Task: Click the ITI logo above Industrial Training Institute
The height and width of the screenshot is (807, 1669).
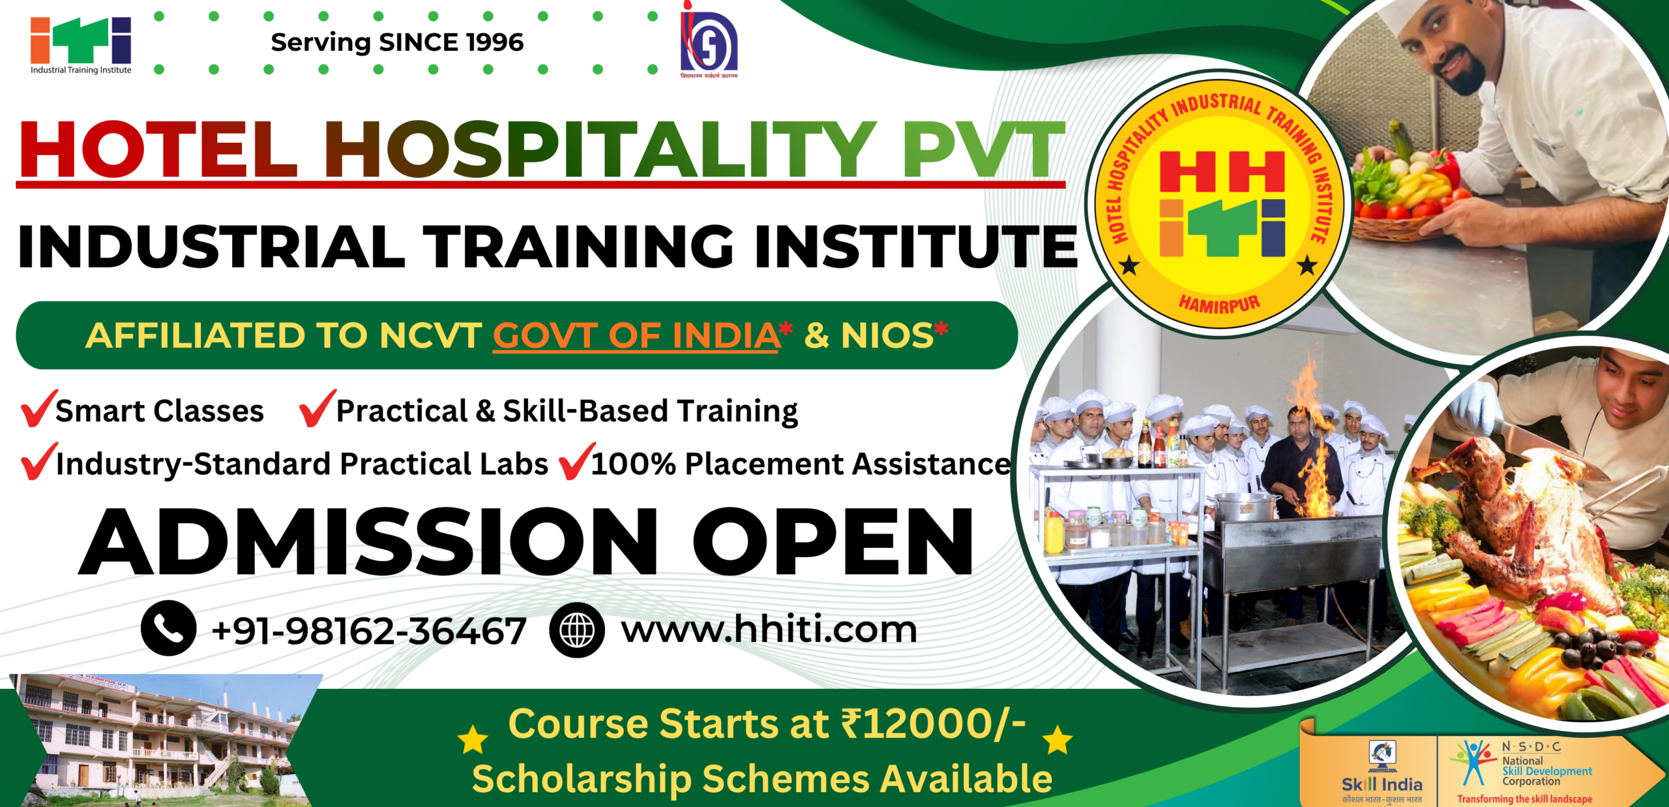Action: pos(81,40)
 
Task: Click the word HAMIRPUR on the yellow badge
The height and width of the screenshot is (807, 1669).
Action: pos(1219,303)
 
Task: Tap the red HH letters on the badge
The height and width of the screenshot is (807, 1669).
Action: pos(1222,172)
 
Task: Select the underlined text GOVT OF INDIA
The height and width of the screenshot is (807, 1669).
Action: pos(636,336)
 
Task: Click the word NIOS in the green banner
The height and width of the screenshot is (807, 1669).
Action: pos(887,336)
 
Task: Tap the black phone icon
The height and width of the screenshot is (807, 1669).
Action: pos(168,628)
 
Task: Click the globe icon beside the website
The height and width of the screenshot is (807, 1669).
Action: pos(577,630)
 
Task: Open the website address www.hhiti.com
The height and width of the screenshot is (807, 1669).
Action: pos(769,630)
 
